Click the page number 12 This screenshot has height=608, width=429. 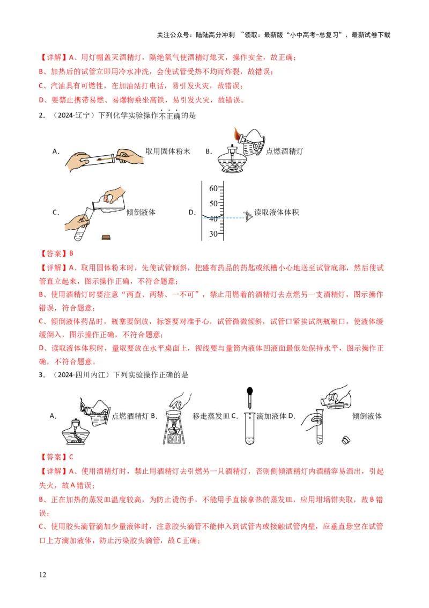pyautogui.click(x=43, y=575)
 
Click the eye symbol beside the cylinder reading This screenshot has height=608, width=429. pyautogui.click(x=248, y=216)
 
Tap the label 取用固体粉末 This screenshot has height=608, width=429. pyautogui.click(x=168, y=151)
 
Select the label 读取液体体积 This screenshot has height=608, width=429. pyautogui.click(x=277, y=213)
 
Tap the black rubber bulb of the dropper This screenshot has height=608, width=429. pyautogui.click(x=250, y=392)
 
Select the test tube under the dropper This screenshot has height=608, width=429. pyautogui.click(x=249, y=428)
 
